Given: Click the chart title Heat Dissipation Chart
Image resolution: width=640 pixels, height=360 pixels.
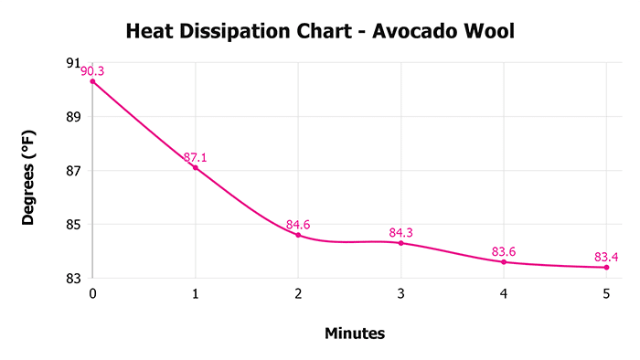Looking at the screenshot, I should click(236, 33).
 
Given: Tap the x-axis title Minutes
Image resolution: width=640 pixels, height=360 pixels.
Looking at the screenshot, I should click(355, 334).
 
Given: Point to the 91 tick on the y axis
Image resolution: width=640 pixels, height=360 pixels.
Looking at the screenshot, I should click(73, 63).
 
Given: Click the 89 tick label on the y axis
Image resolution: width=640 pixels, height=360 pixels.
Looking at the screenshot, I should click(73, 117).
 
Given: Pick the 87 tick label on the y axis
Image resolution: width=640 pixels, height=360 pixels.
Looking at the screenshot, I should click(73, 171).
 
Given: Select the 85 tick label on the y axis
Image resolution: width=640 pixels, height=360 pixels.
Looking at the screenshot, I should click(73, 225).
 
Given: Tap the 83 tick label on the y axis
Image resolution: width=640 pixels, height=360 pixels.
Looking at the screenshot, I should click(73, 278).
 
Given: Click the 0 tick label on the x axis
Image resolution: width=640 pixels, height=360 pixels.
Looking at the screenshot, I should click(92, 294).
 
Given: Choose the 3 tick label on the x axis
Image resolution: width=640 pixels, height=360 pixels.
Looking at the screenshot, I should click(401, 294).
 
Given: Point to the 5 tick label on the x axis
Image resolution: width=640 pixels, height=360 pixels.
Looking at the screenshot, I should click(606, 294).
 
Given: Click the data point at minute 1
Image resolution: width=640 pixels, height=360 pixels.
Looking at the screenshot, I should click(196, 167).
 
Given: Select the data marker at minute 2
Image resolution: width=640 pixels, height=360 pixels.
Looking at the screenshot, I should click(298, 235).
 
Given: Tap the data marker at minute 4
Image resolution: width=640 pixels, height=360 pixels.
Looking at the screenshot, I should click(504, 262).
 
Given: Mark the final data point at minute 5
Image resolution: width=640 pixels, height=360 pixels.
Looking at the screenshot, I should click(606, 267).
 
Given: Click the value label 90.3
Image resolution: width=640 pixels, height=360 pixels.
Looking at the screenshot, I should click(92, 70).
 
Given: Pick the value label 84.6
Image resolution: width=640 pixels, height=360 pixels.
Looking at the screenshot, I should click(298, 224).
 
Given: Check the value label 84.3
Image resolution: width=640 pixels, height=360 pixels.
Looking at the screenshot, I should click(401, 232).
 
